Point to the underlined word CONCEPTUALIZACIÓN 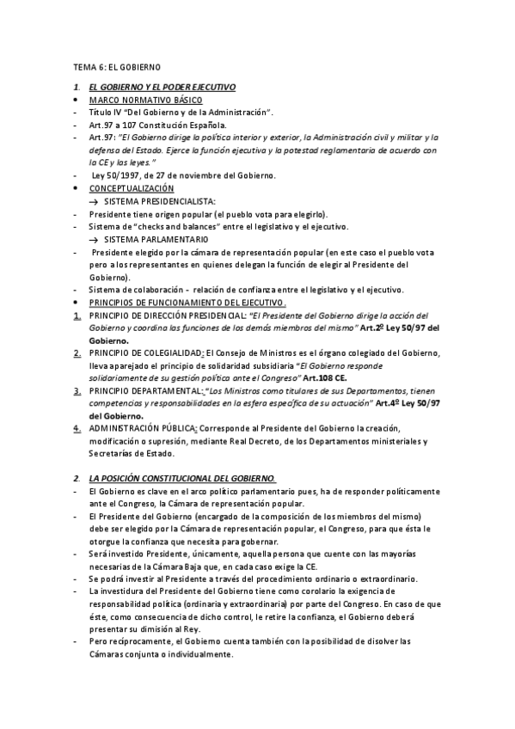click(x=131, y=187)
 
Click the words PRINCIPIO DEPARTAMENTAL click(x=142, y=390)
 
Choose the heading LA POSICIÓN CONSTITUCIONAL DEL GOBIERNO click(x=181, y=477)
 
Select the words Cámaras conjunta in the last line click(x=126, y=653)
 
